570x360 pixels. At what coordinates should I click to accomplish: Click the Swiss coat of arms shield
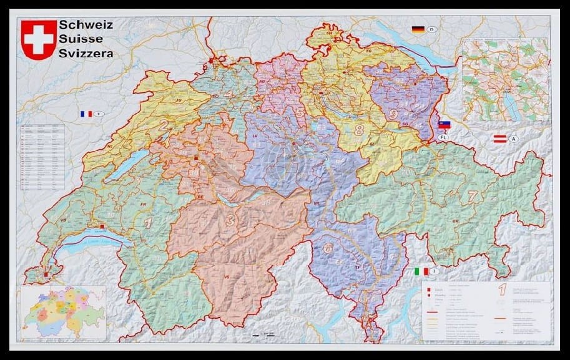[x=39, y=39]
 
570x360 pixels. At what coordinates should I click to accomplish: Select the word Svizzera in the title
[x=86, y=54]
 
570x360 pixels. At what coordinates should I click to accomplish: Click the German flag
[x=418, y=29]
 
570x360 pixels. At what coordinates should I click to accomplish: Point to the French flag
[x=86, y=114]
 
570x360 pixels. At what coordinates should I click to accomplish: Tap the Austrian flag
[x=499, y=139]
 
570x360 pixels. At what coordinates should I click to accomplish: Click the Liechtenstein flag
[x=445, y=125]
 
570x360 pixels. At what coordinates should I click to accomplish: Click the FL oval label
[x=444, y=137]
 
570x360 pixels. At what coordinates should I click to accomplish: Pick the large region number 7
[x=473, y=196]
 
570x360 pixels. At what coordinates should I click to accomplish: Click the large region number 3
[x=230, y=220]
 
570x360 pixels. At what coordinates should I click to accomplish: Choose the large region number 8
[x=358, y=131]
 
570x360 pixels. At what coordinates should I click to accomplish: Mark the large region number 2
[x=163, y=125]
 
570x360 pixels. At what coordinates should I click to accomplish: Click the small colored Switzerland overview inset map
[x=63, y=312]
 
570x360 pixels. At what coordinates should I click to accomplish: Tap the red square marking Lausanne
[x=102, y=226]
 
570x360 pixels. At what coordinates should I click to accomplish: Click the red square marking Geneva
[x=46, y=273]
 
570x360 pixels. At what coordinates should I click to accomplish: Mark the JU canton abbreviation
[x=179, y=99]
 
